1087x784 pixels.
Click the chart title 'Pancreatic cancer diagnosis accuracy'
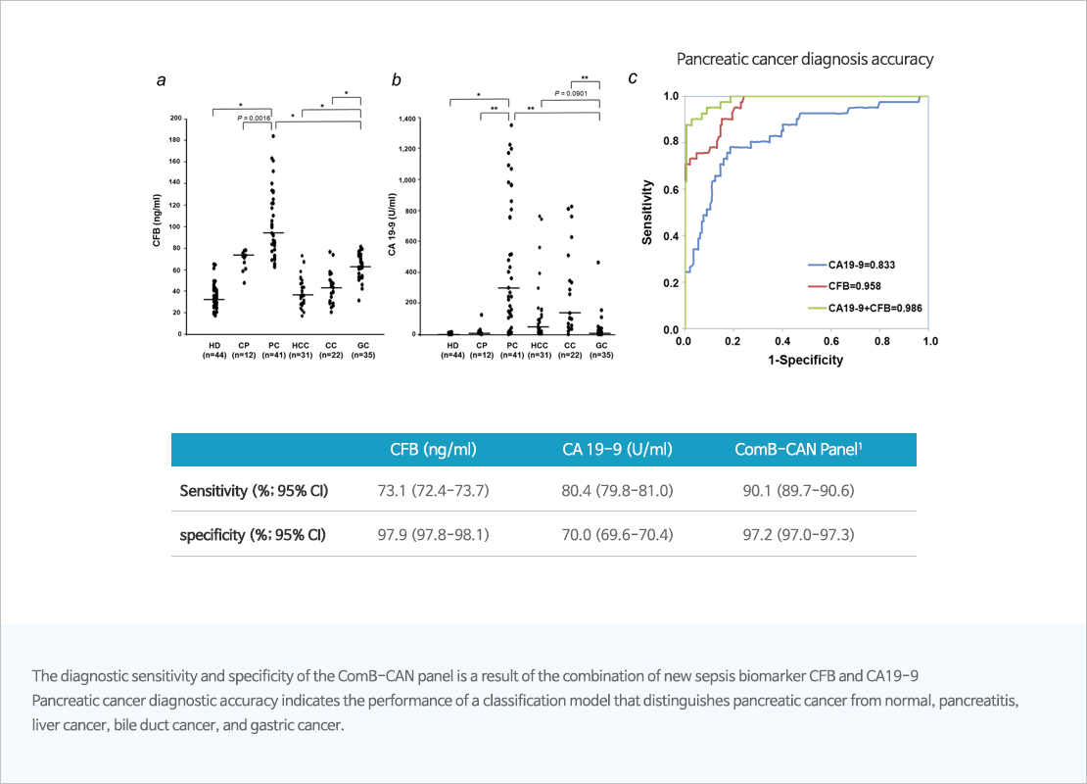[805, 59]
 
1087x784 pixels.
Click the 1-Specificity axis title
[806, 360]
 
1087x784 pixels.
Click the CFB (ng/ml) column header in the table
[433, 449]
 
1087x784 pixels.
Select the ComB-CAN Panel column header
[799, 449]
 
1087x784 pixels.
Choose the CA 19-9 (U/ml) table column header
[617, 449]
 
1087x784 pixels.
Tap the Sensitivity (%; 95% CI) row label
[254, 490]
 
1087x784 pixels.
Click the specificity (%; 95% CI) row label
[253, 535]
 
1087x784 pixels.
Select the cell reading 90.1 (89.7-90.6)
[799, 490]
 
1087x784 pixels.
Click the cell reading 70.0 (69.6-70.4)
[617, 535]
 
